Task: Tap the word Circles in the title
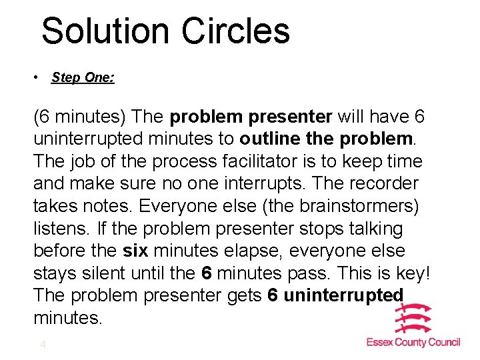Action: pos(235,31)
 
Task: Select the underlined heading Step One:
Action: pos(83,78)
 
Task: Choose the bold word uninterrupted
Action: pos(343,295)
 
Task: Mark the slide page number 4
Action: pos(43,345)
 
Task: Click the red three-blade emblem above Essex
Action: pos(413,319)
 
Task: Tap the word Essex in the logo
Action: pos(382,342)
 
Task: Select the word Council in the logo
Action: pos(443,342)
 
